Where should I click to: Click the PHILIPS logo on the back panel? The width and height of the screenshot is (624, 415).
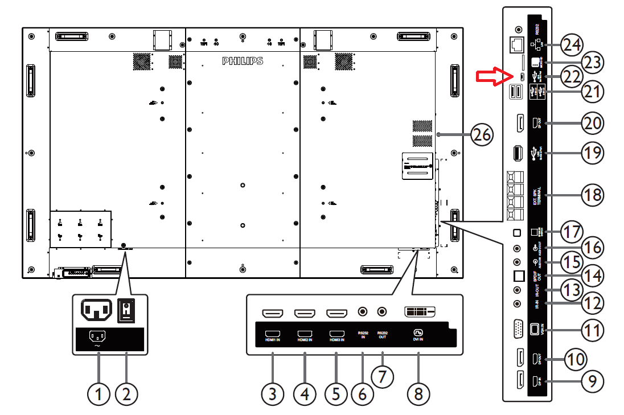pyautogui.click(x=243, y=60)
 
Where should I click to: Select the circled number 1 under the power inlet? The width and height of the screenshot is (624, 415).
pyautogui.click(x=100, y=393)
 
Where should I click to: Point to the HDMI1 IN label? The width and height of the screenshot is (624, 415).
pyautogui.click(x=273, y=340)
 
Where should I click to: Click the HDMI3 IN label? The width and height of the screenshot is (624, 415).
pyautogui.click(x=336, y=340)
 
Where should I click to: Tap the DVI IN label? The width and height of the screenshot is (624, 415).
pyautogui.click(x=418, y=340)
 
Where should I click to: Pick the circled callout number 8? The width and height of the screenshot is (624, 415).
pyautogui.click(x=418, y=393)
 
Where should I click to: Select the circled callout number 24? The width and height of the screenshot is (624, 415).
pyautogui.click(x=571, y=44)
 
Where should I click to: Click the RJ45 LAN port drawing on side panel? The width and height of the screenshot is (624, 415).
pyautogui.click(x=518, y=43)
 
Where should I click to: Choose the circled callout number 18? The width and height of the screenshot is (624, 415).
pyautogui.click(x=592, y=194)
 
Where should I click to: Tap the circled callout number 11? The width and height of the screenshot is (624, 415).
pyautogui.click(x=592, y=328)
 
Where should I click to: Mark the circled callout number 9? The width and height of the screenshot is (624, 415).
pyautogui.click(x=592, y=380)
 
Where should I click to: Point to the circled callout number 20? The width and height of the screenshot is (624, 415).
pyautogui.click(x=592, y=122)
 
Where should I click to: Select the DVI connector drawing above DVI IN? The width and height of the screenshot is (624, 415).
pyautogui.click(x=419, y=312)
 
